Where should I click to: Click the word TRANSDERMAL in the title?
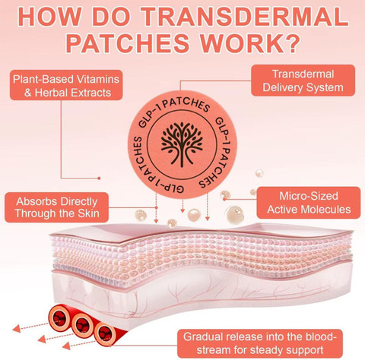pos(244,17)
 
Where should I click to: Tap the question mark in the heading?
pos(290,43)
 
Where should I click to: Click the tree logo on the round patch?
pos(182,144)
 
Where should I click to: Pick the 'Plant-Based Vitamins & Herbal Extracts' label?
pos(66,85)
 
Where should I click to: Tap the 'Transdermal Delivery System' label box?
pos(303,81)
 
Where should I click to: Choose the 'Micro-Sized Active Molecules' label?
pos(309,203)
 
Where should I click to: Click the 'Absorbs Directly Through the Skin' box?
pos(56,207)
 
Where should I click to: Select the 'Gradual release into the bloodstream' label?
pos(260,343)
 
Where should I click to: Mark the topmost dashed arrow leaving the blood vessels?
pos(30,327)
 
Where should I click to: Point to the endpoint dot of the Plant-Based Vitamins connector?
pos(99,178)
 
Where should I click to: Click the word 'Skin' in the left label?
pos(88,213)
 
